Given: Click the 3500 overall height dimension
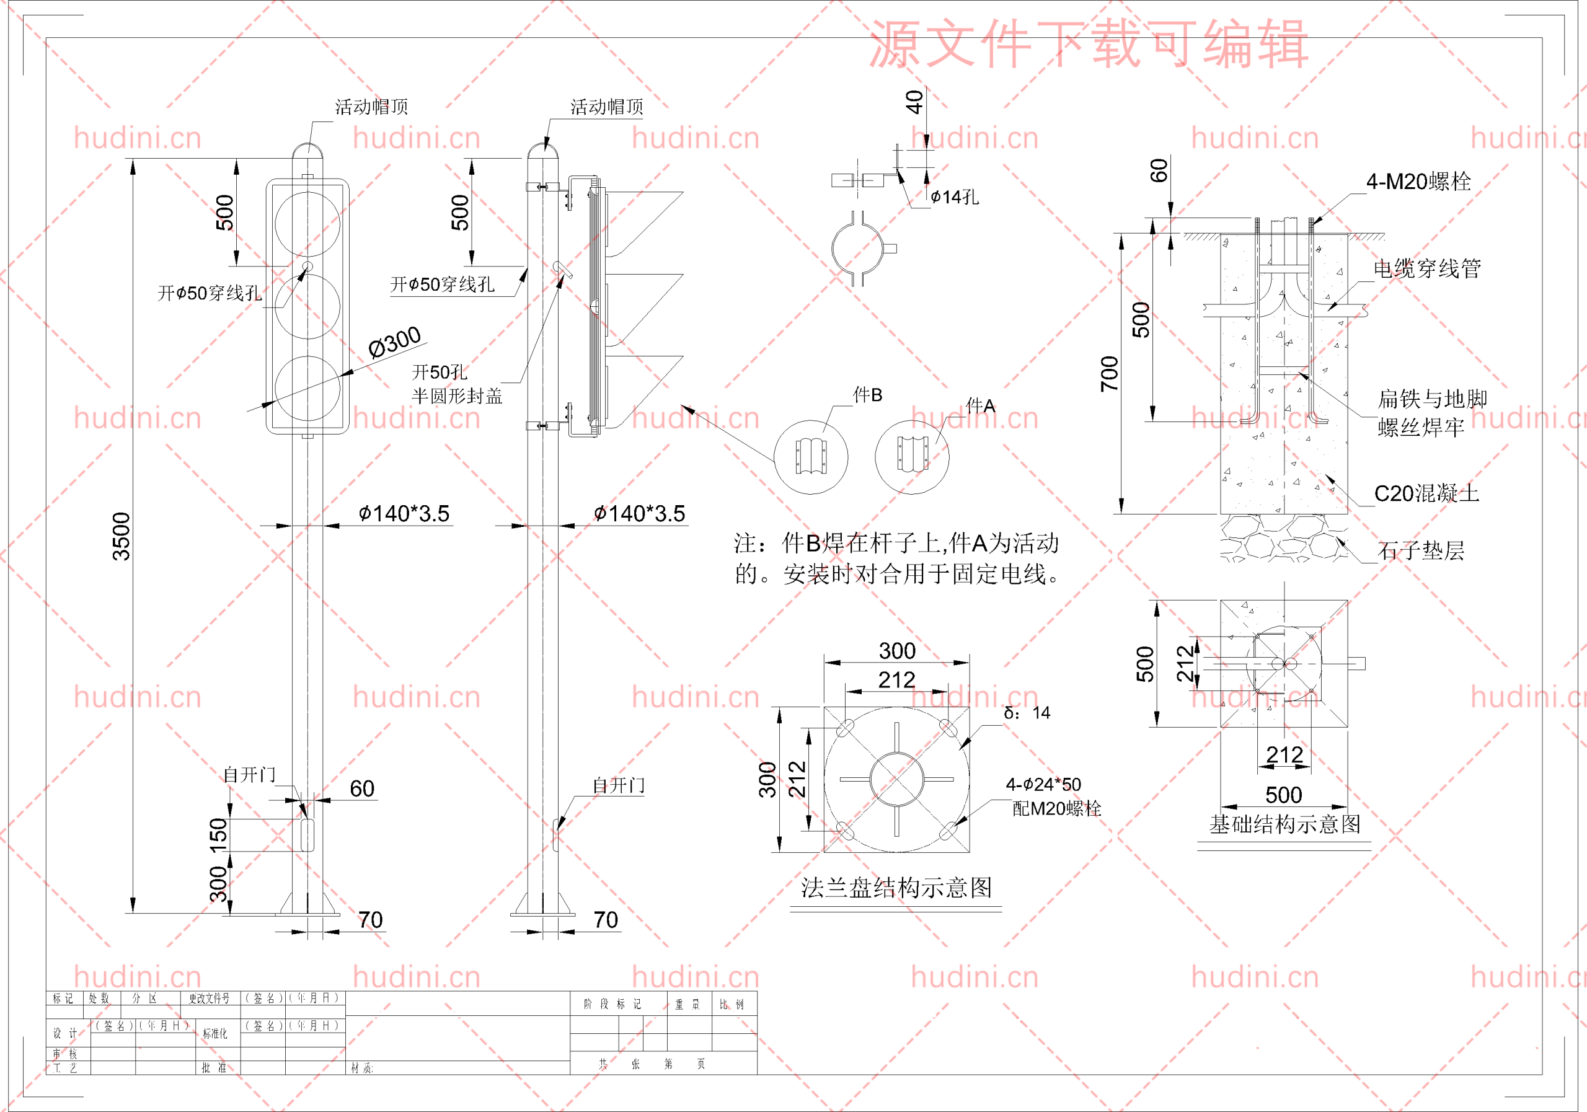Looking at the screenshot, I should tap(121, 536).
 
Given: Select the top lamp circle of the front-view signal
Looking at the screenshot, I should tap(307, 224).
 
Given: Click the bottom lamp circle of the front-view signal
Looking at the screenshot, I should tap(307, 389).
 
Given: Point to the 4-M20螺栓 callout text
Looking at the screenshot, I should tap(1418, 182).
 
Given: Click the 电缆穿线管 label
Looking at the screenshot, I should tap(1426, 269).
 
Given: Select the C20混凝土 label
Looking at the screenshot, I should tap(1426, 493).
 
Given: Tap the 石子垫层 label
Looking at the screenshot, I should tap(1420, 551).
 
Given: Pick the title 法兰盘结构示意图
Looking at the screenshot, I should tap(896, 888).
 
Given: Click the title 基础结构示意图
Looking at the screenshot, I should tap(1284, 824).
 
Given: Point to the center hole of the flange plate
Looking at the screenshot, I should tap(896, 780).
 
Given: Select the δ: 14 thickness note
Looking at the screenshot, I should tap(1027, 713).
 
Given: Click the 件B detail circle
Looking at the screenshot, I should tap(811, 457).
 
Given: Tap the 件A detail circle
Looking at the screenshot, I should tap(912, 457).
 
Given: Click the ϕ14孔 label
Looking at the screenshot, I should tap(955, 198).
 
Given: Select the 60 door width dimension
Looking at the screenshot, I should tap(362, 788).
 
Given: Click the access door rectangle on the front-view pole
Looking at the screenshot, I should tap(307, 835).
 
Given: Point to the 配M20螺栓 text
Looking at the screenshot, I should tap(1056, 809).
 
